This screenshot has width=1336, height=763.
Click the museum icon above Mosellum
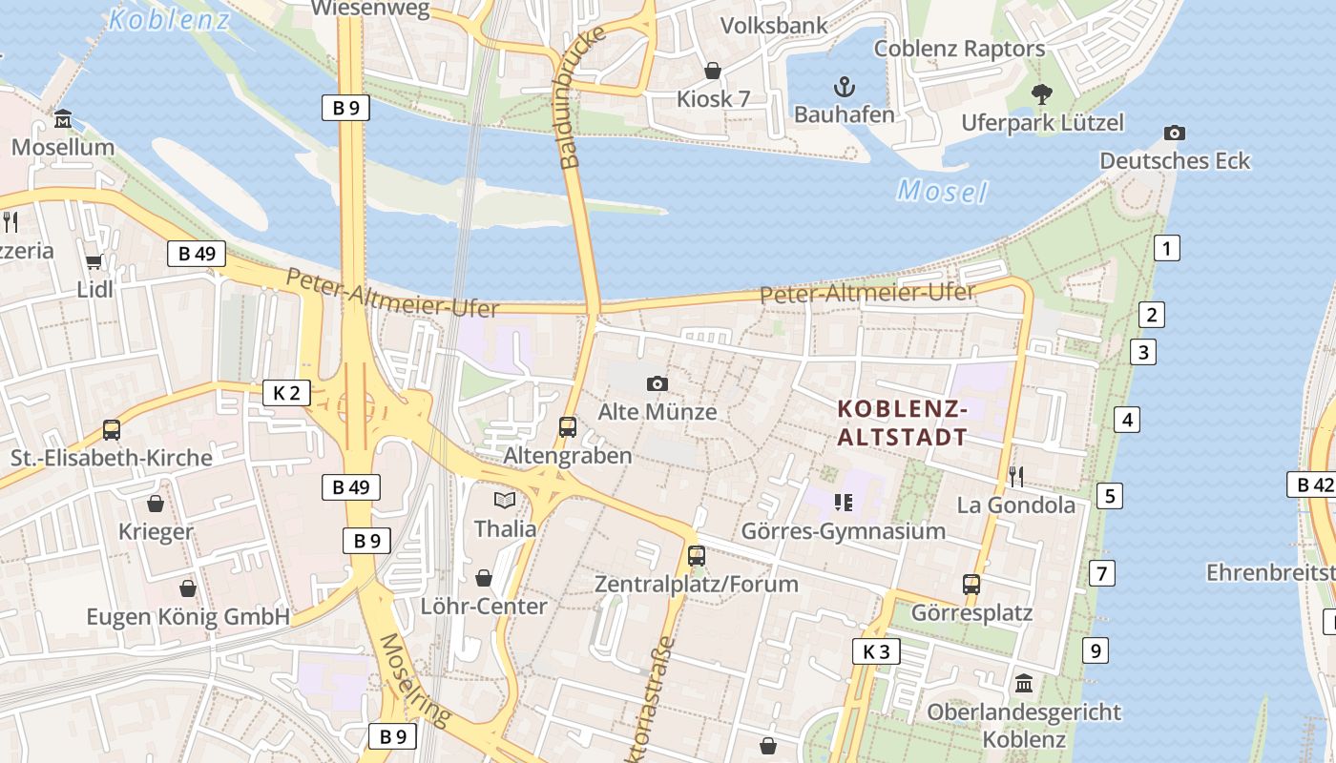coord(63,119)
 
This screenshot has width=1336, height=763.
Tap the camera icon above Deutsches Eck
coord(1175,133)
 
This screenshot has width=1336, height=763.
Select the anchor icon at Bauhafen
coord(844,88)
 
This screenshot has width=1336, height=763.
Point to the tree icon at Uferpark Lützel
coord(1041,93)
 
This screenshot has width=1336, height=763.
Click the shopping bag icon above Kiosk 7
coord(712,71)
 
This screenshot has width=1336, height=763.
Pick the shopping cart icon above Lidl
coord(94,261)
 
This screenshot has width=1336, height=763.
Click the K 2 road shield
coord(286,392)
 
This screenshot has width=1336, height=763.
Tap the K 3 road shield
coord(876,651)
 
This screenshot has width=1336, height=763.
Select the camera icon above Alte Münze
coord(657,383)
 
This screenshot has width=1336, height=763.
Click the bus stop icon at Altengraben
coord(568,426)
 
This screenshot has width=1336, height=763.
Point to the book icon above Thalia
coord(504,500)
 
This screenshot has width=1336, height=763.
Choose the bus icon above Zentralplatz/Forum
coord(697,555)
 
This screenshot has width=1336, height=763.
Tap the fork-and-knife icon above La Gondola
coord(1016,476)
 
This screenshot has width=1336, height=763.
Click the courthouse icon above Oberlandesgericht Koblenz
coord(1024,683)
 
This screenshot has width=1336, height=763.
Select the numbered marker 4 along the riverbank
coord(1127,419)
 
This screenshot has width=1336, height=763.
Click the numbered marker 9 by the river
coord(1096,651)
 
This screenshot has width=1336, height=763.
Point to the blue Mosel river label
coord(942,192)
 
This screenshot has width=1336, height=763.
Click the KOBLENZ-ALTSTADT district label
coord(903,423)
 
